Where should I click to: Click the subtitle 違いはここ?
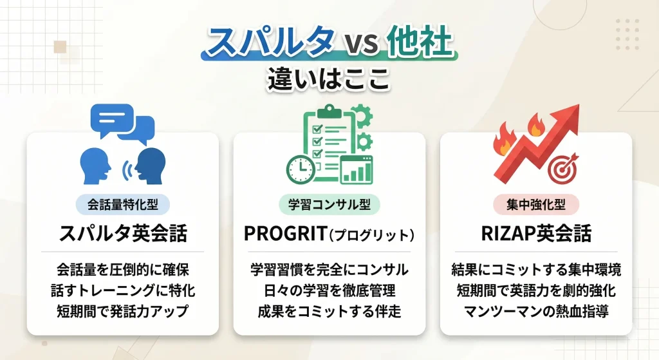[329, 82]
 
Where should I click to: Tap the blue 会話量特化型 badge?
[123, 205]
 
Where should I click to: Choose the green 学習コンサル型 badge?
[329, 205]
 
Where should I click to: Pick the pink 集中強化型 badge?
[536, 205]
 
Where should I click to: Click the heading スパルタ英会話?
[123, 234]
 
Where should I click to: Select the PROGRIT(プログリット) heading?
[329, 234]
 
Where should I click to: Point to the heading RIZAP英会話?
[536, 234]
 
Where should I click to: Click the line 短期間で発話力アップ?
[123, 311]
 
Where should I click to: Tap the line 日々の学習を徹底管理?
[329, 290]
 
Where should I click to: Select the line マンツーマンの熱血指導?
[536, 311]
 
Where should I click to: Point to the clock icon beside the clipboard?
[300, 169]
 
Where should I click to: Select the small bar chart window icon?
[356, 170]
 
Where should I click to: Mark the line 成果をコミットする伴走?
[329, 311]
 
